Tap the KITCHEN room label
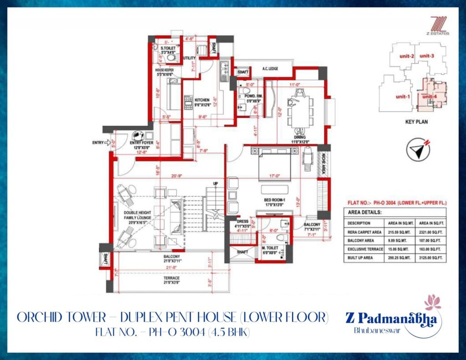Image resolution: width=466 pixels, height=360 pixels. click(202, 100)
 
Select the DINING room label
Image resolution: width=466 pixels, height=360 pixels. click(299, 137)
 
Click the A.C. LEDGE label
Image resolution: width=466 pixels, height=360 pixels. click(271, 69)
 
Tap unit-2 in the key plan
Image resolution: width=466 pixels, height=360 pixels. click(405, 56)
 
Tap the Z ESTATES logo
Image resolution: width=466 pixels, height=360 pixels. click(438, 25)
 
